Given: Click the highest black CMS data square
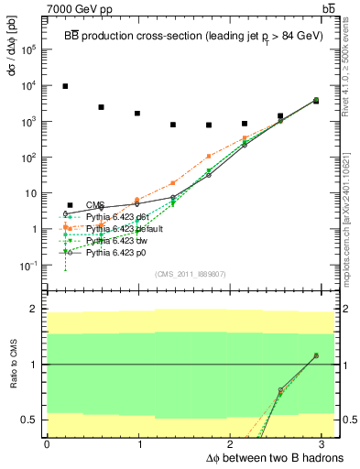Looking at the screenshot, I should point(65,86).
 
